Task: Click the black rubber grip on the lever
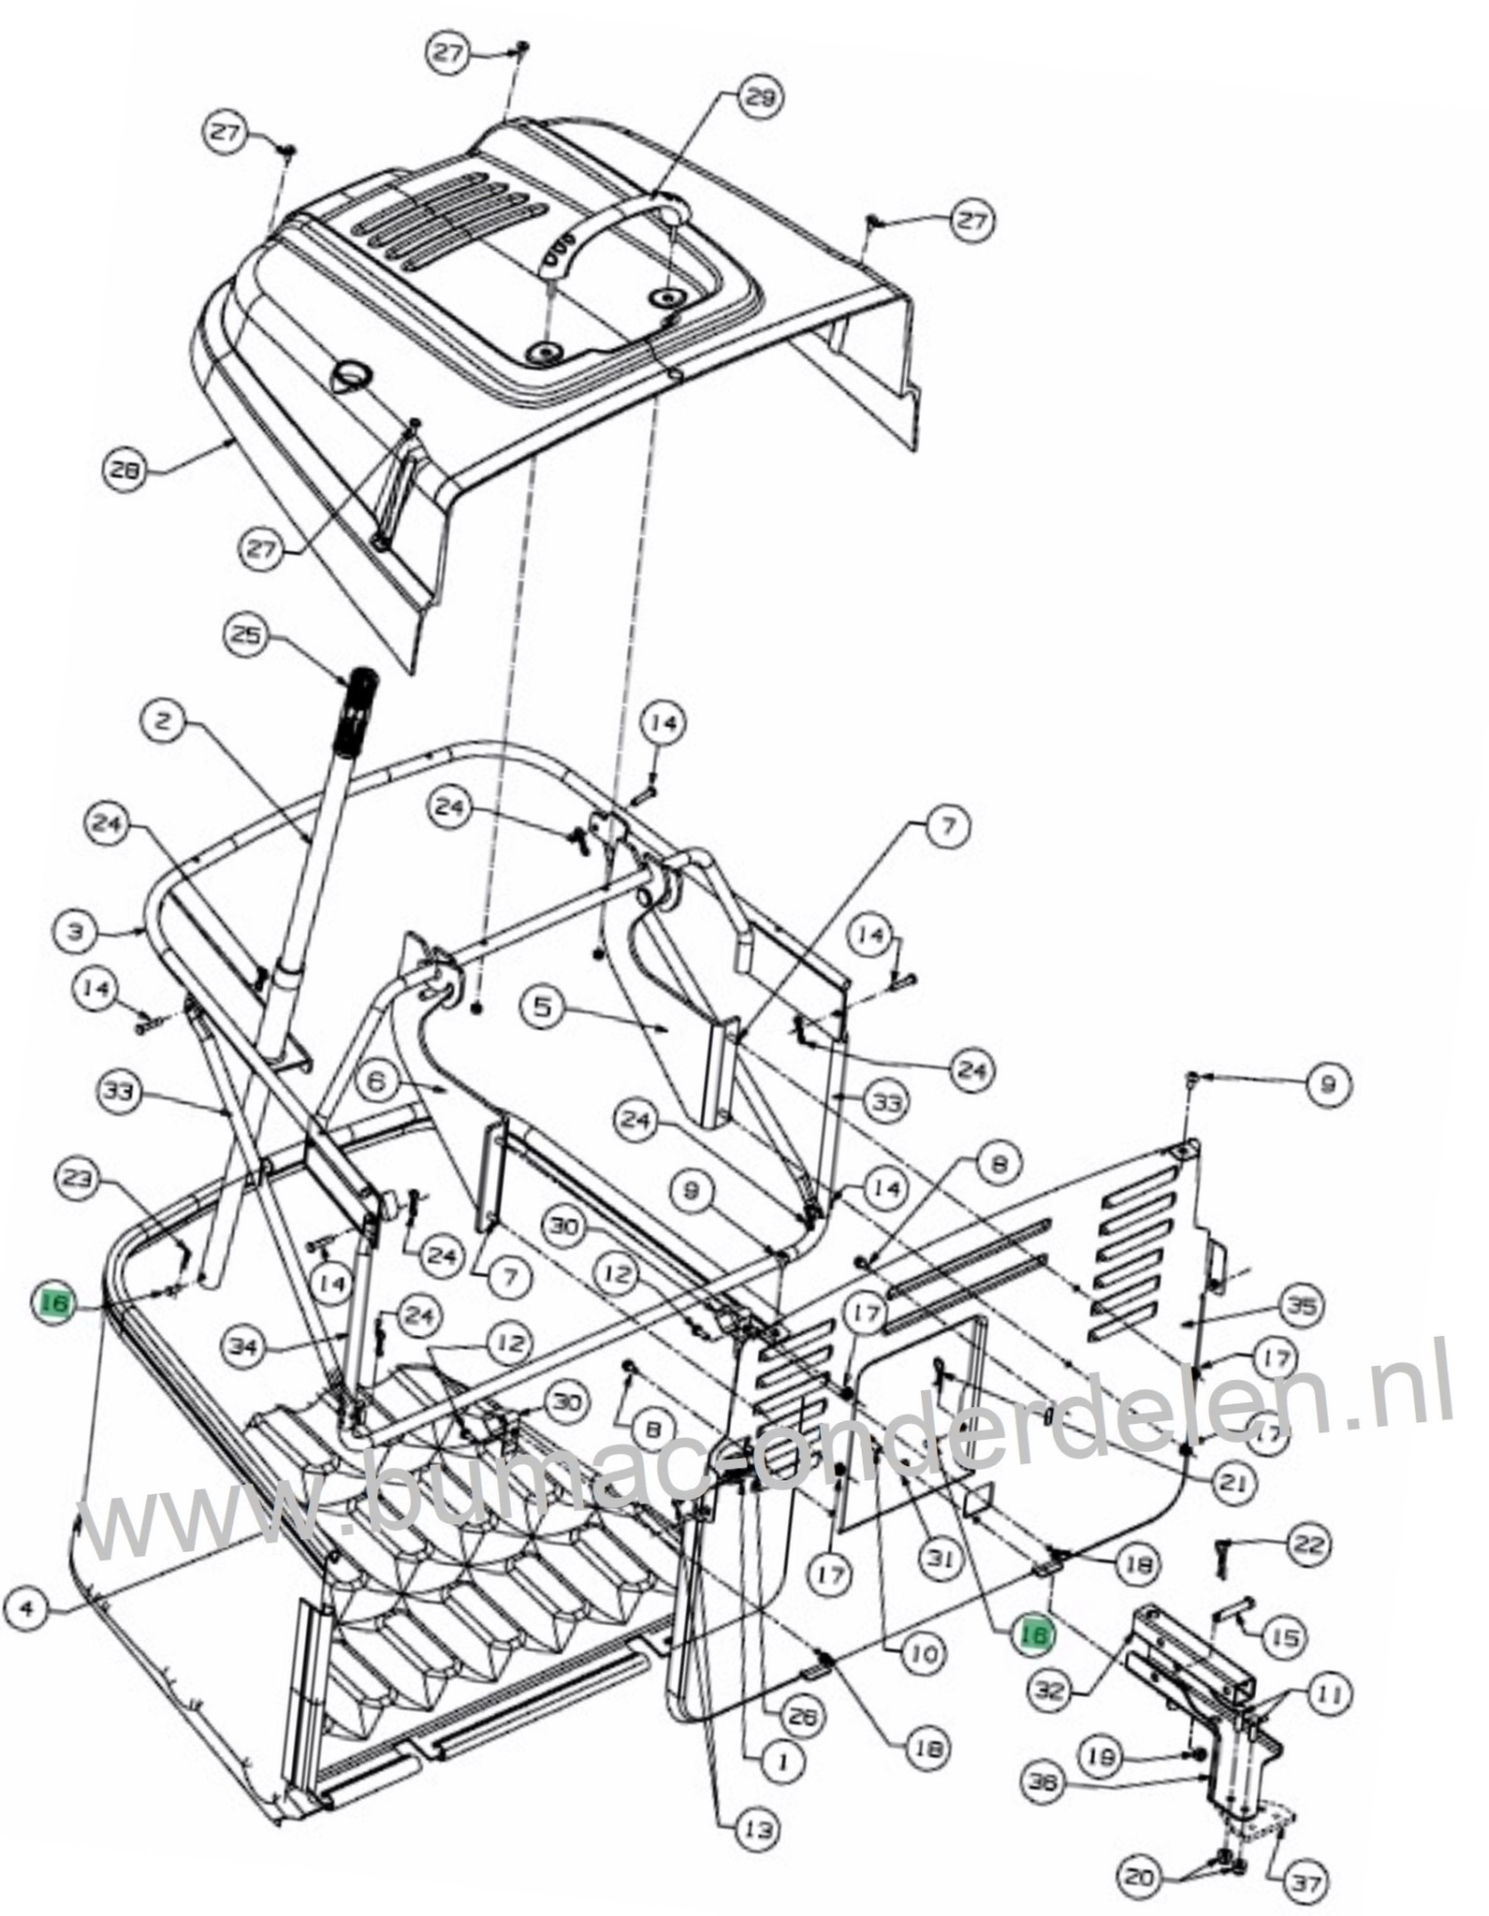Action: tap(358, 700)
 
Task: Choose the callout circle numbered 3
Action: tap(77, 931)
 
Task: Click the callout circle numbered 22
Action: tap(1305, 1543)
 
